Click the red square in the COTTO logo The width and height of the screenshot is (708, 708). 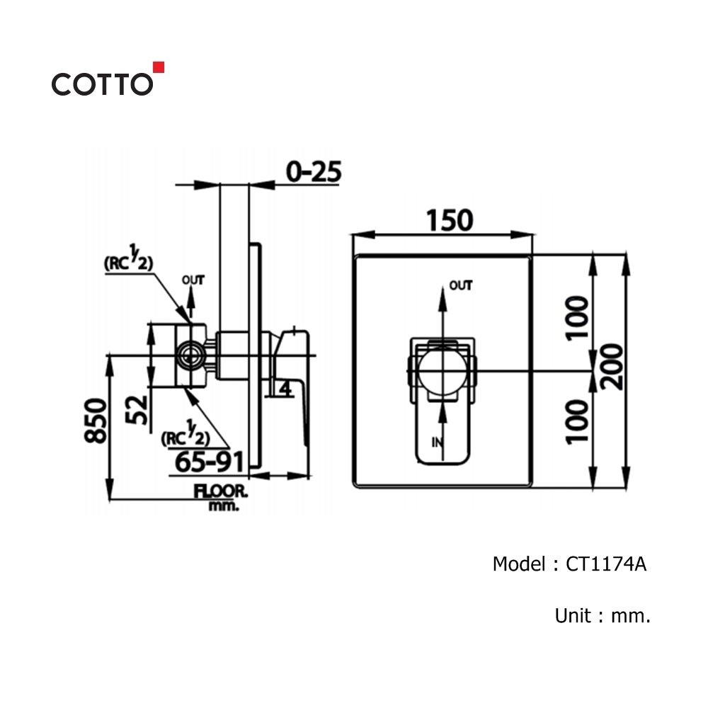[x=159, y=67]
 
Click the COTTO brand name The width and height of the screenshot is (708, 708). [x=102, y=84]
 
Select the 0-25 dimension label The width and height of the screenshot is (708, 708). [x=314, y=172]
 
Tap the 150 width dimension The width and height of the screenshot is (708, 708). [x=450, y=220]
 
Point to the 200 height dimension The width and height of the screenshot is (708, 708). [x=612, y=367]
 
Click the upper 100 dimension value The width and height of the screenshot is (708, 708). [x=578, y=317]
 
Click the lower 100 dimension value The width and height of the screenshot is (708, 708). [x=578, y=422]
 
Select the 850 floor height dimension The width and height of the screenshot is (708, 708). [x=96, y=421]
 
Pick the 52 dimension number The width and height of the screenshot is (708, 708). [x=137, y=410]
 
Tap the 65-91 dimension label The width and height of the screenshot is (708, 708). [x=210, y=462]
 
